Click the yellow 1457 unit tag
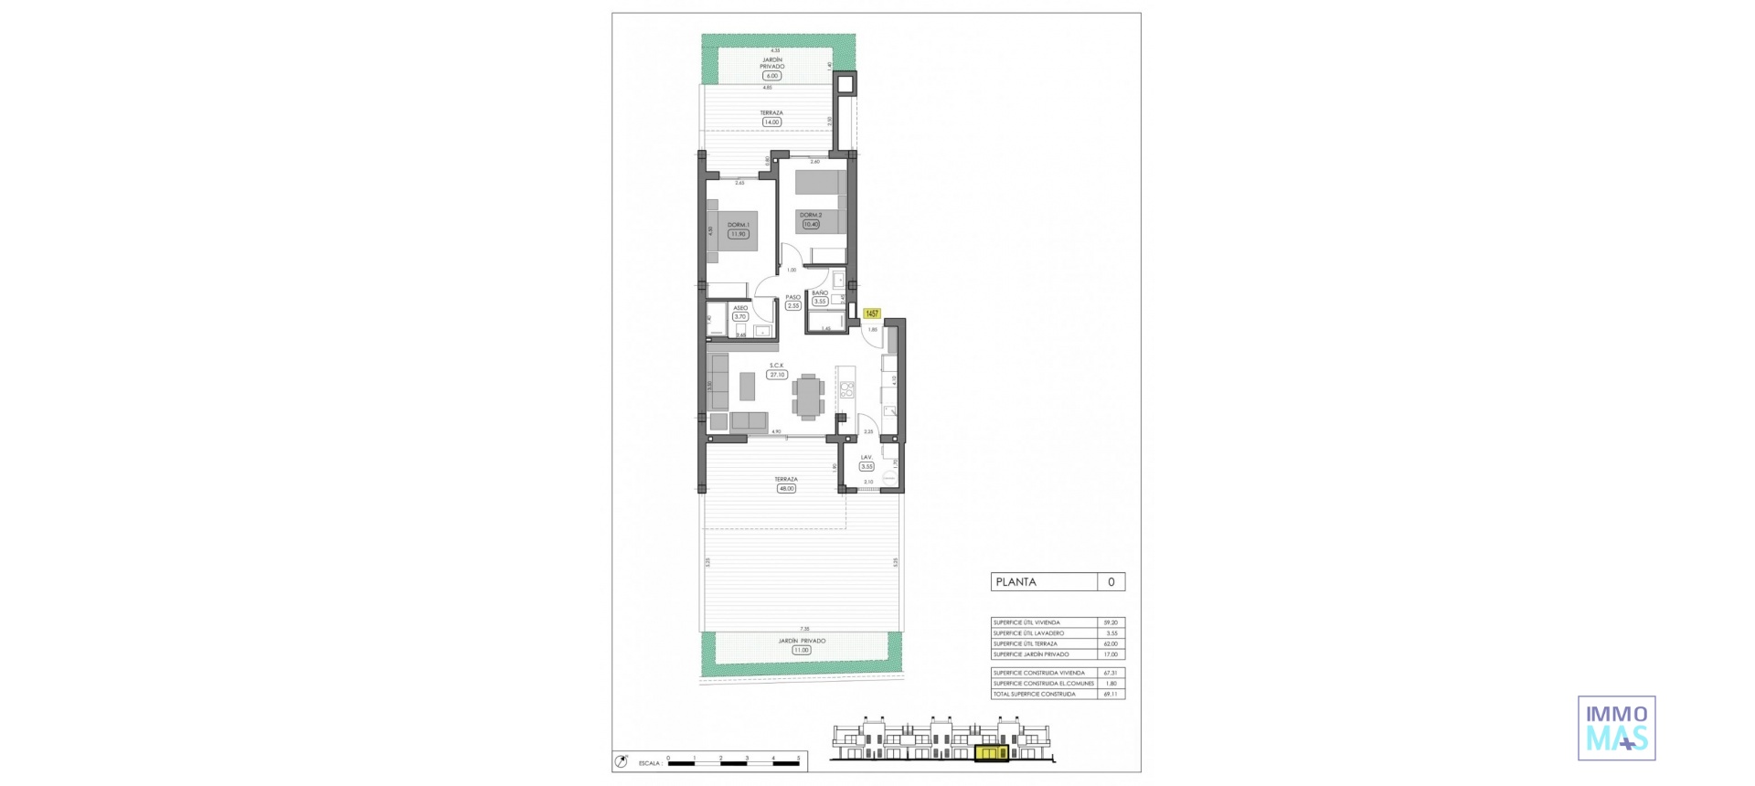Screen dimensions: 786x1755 871,313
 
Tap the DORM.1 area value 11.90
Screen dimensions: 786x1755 738,234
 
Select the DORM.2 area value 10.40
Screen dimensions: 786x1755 811,224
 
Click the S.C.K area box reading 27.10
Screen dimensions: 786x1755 777,375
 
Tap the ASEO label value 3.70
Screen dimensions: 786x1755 739,317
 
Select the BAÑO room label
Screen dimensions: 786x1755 820,293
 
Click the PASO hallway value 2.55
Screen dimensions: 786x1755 793,306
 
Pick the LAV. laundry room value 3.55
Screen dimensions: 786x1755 867,466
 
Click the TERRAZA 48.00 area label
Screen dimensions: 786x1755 786,489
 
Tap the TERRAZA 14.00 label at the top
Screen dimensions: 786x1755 771,122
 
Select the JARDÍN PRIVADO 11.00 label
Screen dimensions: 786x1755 802,650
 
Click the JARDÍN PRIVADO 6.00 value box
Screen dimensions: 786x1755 772,76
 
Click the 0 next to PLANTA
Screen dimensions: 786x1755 1111,582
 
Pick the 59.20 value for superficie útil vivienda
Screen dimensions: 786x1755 1111,622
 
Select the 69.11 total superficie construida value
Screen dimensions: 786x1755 1111,694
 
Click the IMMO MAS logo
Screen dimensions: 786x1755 1616,728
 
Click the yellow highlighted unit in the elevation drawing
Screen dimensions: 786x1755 991,753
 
